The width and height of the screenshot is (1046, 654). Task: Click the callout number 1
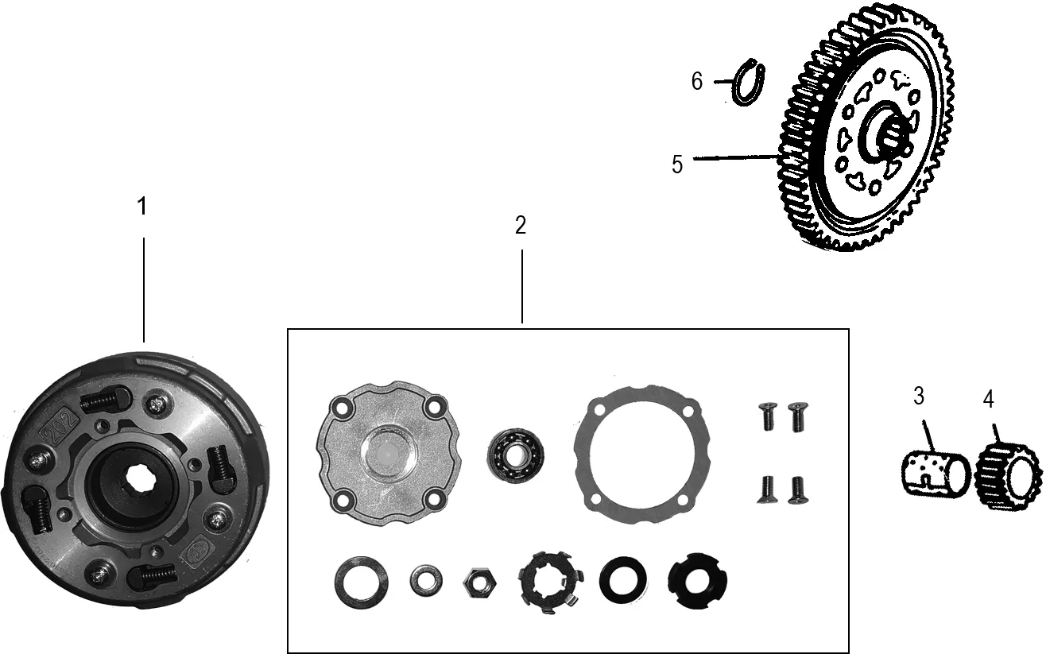coord(142,206)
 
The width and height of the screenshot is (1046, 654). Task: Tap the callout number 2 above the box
coord(521,225)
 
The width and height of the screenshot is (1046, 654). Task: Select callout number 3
coord(919,396)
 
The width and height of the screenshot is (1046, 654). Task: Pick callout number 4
coord(989,399)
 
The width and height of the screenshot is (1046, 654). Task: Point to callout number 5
coord(677,164)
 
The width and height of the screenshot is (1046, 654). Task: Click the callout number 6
coord(697,81)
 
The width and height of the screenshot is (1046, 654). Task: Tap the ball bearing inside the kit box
coord(516,455)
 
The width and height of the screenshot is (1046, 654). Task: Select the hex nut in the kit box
coord(479,583)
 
